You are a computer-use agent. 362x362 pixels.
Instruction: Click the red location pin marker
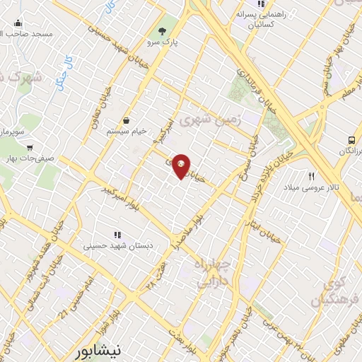click(x=182, y=165)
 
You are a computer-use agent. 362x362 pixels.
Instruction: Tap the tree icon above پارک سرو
click(x=163, y=30)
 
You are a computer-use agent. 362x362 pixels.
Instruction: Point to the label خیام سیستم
click(x=125, y=132)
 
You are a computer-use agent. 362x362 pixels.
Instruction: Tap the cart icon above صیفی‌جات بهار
click(x=29, y=148)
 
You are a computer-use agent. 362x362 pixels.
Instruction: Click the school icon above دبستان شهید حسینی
click(x=117, y=234)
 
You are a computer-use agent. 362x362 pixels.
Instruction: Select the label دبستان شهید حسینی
click(x=117, y=247)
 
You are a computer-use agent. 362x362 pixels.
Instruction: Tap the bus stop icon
click(x=351, y=140)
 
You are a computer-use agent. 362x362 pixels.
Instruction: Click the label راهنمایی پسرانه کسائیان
click(x=265, y=18)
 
